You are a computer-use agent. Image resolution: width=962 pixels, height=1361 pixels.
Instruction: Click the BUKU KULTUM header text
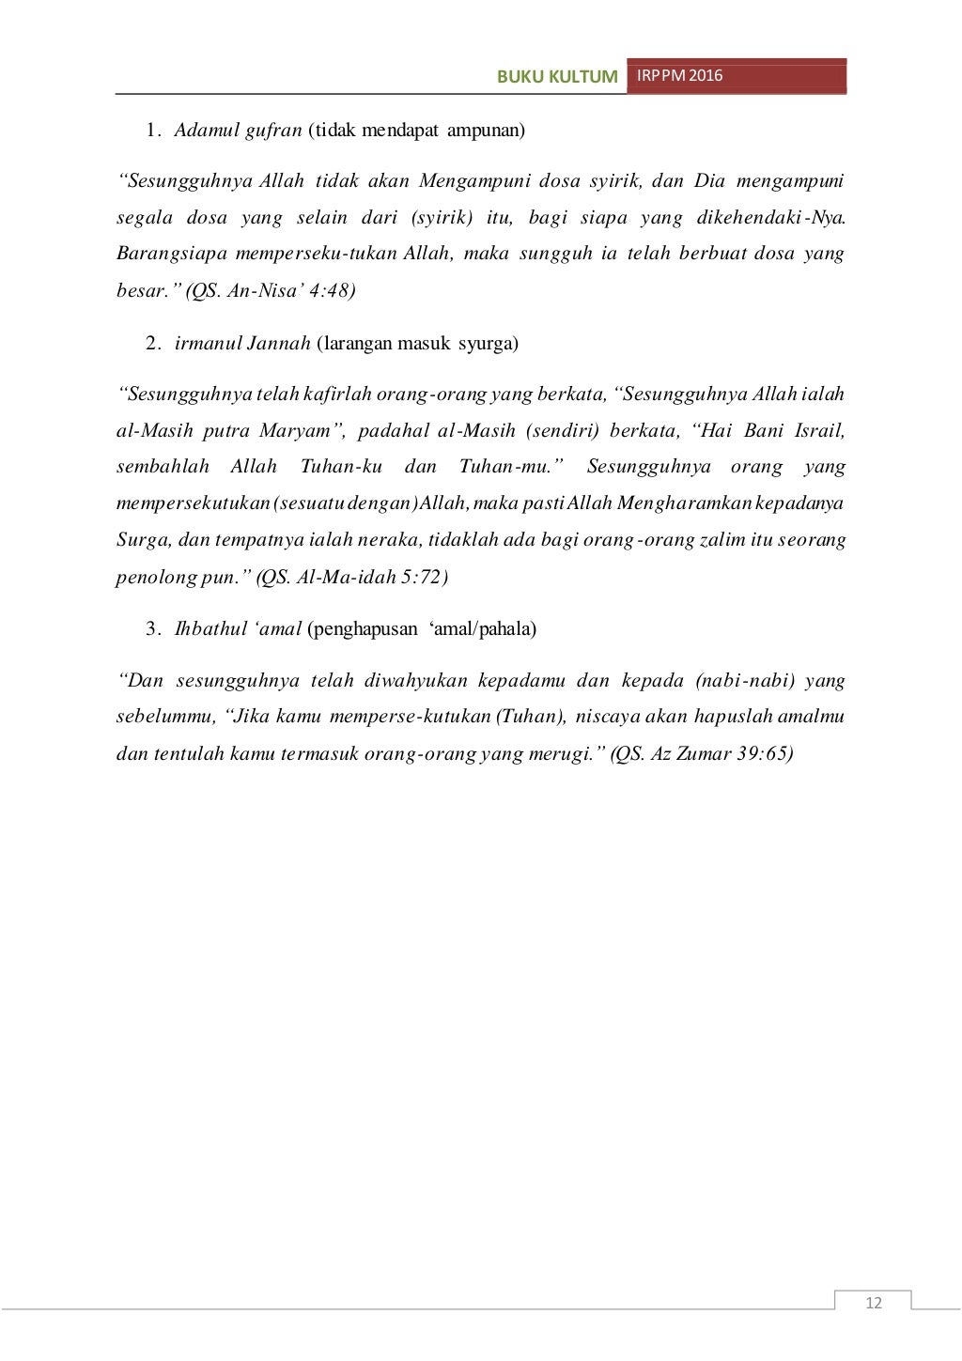(x=558, y=77)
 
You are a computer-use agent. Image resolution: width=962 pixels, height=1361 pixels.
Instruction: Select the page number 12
(x=874, y=1302)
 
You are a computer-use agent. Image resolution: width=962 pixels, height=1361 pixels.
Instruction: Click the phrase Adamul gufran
(x=239, y=130)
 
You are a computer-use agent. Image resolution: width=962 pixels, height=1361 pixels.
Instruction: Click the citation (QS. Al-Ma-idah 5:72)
(x=352, y=577)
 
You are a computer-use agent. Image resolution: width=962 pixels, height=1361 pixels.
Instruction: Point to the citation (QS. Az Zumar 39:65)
(x=702, y=753)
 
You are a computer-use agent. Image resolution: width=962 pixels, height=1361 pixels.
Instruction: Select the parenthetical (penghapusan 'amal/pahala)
(x=422, y=628)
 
